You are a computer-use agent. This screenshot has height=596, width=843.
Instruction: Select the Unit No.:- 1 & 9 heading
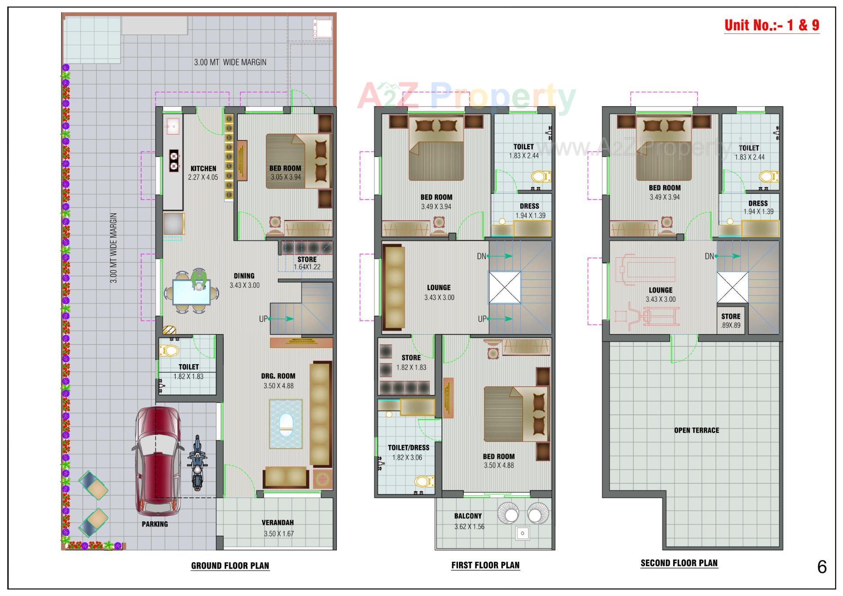tap(771, 25)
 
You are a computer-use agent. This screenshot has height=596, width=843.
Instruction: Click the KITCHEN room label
tap(203, 169)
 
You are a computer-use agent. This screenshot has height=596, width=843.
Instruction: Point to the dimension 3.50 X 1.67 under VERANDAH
tap(278, 534)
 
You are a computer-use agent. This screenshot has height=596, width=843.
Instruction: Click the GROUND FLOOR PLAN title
tap(230, 566)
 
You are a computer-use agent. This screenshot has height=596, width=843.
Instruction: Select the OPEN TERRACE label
tap(696, 430)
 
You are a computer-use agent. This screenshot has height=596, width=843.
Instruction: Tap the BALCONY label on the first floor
tap(468, 516)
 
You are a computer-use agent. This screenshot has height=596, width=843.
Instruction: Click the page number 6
tap(822, 567)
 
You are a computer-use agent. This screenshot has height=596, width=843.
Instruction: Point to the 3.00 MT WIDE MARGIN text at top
tap(230, 62)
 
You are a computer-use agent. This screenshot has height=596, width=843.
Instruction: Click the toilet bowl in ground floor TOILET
tap(169, 351)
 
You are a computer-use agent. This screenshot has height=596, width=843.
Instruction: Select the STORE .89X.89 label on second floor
tap(731, 321)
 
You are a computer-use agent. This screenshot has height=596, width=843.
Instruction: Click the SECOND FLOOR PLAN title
tap(679, 563)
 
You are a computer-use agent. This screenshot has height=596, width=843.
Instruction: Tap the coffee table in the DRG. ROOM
tap(286, 424)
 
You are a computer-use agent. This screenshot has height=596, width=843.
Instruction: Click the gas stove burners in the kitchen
tap(174, 161)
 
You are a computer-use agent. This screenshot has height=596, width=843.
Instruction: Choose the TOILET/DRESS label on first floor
tap(408, 448)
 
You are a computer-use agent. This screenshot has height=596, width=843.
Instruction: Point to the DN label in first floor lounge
tap(482, 256)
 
